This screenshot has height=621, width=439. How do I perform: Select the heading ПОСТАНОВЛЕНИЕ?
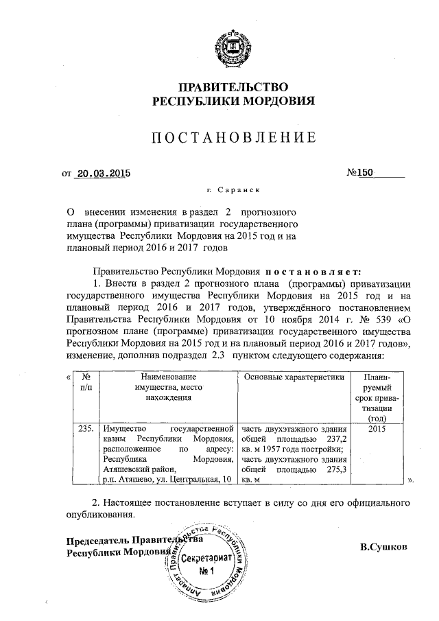233,137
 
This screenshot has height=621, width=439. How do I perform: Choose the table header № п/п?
86,383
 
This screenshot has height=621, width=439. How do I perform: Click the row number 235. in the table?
86,428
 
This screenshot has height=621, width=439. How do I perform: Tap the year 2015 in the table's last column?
377,428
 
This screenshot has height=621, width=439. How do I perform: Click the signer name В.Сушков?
383,547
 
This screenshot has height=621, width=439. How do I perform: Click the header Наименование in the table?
168,377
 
